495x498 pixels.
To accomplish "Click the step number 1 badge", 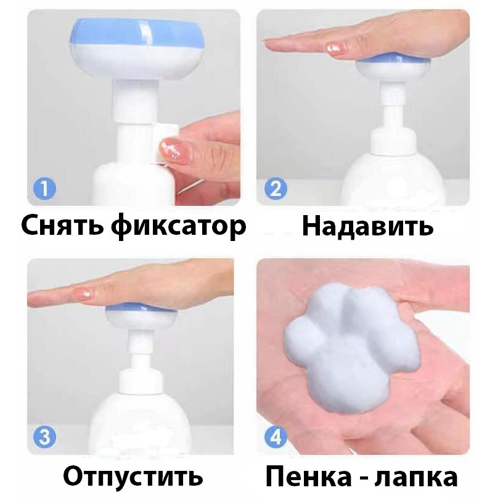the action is tap(45, 189).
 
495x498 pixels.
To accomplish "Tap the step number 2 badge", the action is tap(276, 189).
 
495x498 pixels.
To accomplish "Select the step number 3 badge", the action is tap(45, 437).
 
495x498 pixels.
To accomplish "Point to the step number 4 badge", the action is tap(276, 437).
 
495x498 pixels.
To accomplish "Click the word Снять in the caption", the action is tap(62, 226).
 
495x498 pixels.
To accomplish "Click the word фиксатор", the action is tap(179, 227).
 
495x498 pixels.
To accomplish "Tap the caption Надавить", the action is tap(367, 226).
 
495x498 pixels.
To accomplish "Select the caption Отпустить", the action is tap(133, 476).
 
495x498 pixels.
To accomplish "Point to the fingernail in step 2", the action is tap(336, 47).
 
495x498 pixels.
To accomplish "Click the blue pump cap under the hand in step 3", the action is tap(140, 306).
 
